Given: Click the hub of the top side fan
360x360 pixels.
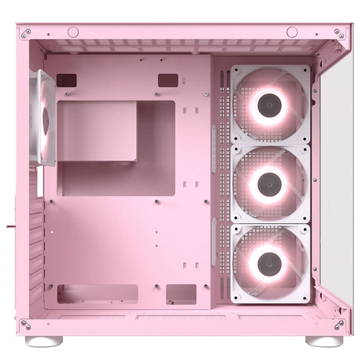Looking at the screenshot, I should coord(268,105).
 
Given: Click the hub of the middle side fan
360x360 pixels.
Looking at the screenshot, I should coord(268,185).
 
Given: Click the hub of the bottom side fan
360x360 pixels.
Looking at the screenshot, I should coord(268,263).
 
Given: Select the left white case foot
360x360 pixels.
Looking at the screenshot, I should coord(44,341).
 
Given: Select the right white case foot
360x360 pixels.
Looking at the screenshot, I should coord(324,341).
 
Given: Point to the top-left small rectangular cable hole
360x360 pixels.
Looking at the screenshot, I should coord(67,80).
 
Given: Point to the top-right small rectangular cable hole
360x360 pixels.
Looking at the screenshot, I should coord(168,80).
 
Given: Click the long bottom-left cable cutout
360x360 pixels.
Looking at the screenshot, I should coord(98,294).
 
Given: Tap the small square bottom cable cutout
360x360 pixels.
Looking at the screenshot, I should coord(181,294).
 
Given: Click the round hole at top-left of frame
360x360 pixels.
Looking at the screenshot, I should coord(73,32).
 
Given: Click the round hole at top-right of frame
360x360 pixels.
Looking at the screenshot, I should coord(292,32).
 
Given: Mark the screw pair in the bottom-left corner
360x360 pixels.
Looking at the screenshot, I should coord(26,324).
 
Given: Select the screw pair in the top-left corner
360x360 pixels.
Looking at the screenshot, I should coord(26,33).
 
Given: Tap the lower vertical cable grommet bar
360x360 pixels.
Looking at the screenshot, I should coord(214,242).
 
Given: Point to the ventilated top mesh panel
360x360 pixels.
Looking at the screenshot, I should coord(182,46).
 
